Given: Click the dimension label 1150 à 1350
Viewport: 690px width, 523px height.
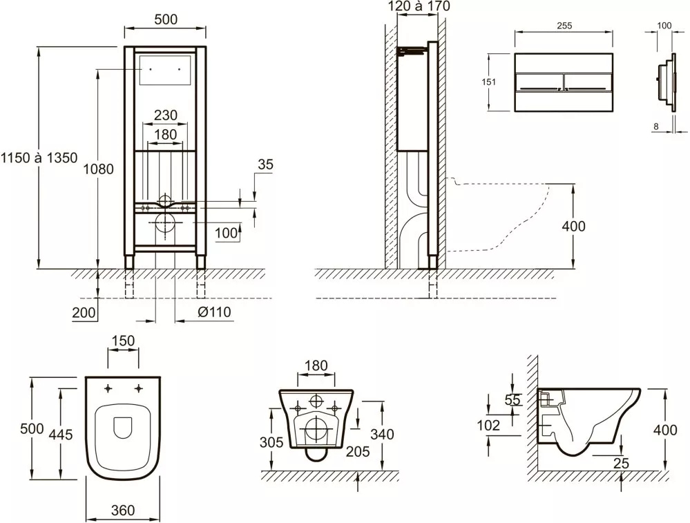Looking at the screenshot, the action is coord(39,158).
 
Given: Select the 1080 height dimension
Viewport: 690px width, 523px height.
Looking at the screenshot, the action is coord(99,169).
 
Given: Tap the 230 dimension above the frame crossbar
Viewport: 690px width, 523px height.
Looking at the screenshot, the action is coord(166,115).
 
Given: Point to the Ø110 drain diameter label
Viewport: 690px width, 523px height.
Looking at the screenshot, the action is coord(214,312).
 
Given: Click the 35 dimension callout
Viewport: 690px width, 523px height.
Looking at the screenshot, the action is coord(265,164).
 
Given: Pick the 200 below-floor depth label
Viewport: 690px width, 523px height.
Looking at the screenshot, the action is coord(84,312).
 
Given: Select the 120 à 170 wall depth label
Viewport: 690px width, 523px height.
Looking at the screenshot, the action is coord(419,6).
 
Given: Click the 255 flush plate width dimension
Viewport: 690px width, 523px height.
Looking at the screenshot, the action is coord(564,26).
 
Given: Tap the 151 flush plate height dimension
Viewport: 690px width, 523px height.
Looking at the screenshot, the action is coord(488,82).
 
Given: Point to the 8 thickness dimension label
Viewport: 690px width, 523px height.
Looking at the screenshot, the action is coord(656,126).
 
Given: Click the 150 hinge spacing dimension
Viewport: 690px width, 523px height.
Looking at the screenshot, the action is coord(123,341).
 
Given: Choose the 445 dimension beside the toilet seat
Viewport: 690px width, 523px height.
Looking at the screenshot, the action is coord(61,435).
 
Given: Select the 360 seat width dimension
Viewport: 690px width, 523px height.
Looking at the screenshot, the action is coord(123,511).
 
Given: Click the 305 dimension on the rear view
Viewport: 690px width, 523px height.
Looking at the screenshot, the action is coord(271,442).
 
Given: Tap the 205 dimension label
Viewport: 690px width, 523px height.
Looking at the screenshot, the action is coord(358,451).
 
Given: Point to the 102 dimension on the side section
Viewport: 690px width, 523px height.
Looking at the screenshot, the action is coord(488,426).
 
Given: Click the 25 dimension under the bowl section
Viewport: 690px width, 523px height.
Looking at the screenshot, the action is coord(621,463).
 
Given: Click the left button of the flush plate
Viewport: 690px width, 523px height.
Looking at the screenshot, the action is coord(539,83).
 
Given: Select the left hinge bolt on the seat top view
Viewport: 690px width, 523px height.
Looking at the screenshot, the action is coord(108,388).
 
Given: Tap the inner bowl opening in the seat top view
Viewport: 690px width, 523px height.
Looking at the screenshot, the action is coord(123,428).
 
